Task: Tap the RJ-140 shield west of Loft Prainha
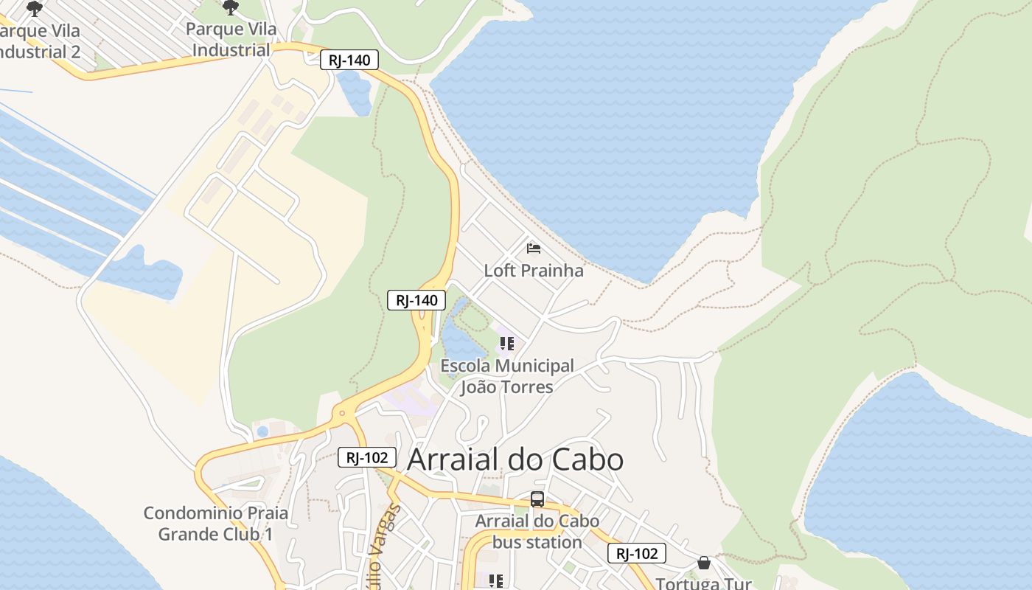416,300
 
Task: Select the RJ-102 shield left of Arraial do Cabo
367,457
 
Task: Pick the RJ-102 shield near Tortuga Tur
637,553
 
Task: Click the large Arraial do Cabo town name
515,459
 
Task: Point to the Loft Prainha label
533,271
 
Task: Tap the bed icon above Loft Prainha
534,249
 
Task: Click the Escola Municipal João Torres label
506,376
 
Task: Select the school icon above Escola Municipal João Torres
506,343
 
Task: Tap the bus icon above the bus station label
537,499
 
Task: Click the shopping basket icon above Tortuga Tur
704,563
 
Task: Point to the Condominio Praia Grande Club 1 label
215,524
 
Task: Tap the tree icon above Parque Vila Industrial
231,8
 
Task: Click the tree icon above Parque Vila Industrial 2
35,8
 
